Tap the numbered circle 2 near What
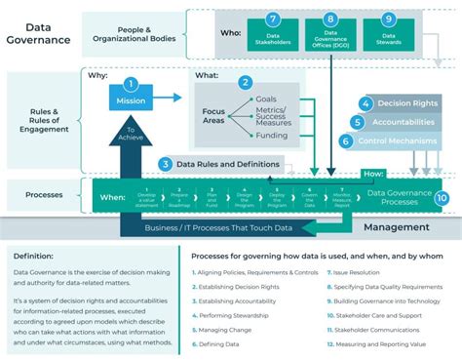click(246, 84)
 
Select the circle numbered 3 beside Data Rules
click(168, 164)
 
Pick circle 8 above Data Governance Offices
click(330, 19)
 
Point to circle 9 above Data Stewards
click(389, 19)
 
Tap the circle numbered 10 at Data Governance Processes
click(442, 197)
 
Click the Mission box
click(132, 100)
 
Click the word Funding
click(272, 138)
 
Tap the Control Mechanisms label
click(401, 140)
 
